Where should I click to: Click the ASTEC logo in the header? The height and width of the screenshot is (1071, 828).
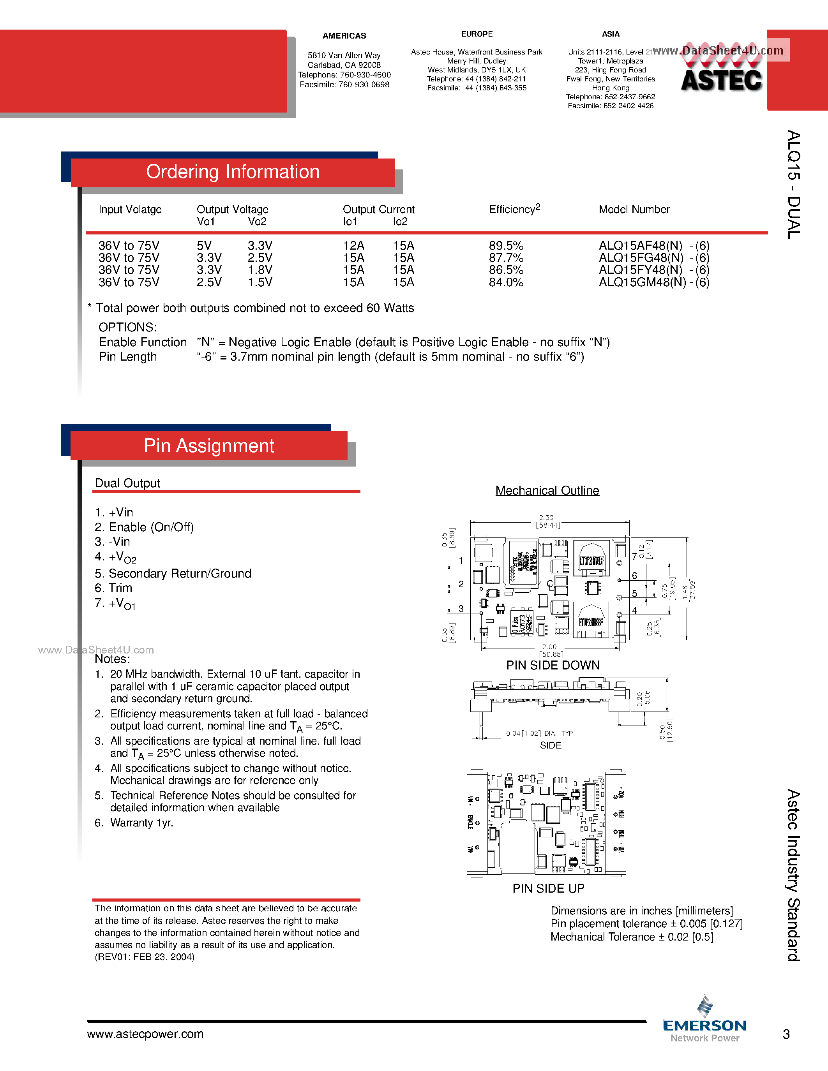tap(721, 79)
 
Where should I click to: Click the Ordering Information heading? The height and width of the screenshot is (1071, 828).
tap(233, 172)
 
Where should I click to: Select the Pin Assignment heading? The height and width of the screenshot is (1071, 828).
tap(208, 446)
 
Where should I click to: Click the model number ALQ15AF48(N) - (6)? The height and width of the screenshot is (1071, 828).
tap(654, 245)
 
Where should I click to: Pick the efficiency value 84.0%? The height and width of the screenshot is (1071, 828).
tap(506, 282)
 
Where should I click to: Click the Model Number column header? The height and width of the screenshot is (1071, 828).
tap(634, 210)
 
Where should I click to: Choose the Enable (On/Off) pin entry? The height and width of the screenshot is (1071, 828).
tap(144, 527)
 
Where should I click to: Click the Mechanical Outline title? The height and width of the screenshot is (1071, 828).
tap(547, 490)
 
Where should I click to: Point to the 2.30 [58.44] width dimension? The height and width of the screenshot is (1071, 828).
tap(547, 521)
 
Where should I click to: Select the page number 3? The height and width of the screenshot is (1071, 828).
tap(786, 1034)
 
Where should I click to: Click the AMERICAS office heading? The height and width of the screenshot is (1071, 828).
tap(344, 36)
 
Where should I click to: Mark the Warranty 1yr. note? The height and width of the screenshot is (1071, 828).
tap(141, 823)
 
